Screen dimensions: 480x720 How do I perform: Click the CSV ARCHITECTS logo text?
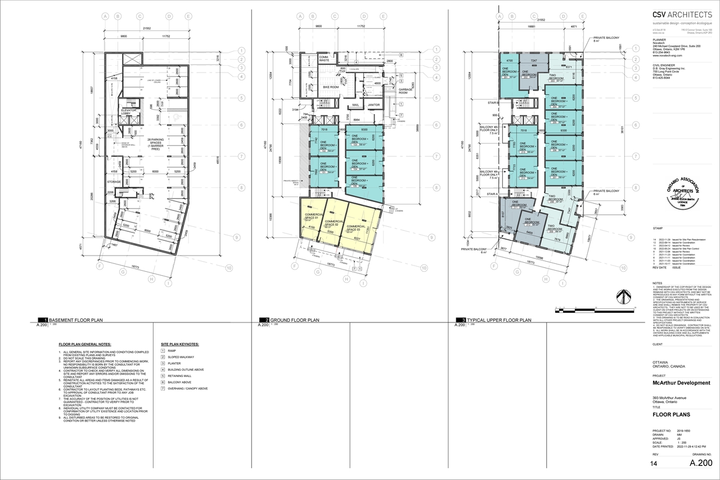tap(682, 16)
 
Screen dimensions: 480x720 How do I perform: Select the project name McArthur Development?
tap(681, 383)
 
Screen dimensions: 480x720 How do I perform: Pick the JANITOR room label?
tap(374, 105)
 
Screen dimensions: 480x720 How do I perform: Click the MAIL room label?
tap(355, 105)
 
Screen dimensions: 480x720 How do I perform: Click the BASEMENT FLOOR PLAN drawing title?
tap(76, 320)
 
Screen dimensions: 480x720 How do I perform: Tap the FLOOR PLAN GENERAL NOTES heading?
tap(85, 344)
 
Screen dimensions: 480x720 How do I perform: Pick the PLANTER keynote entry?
tap(175, 364)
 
